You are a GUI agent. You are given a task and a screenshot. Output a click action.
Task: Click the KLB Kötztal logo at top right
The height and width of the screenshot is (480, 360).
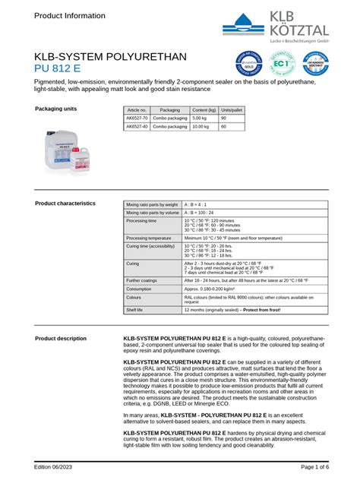click(x=285, y=24)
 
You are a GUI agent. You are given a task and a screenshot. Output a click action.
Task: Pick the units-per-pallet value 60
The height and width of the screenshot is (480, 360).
click(x=223, y=126)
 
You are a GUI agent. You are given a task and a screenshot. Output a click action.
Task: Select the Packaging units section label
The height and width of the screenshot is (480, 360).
click(x=56, y=109)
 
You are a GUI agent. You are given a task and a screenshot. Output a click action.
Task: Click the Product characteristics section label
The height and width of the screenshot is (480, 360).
click(x=65, y=204)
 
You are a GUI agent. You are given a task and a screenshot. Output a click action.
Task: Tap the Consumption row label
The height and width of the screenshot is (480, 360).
click(x=140, y=289)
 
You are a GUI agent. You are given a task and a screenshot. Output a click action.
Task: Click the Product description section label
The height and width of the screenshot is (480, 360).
click(x=61, y=338)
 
